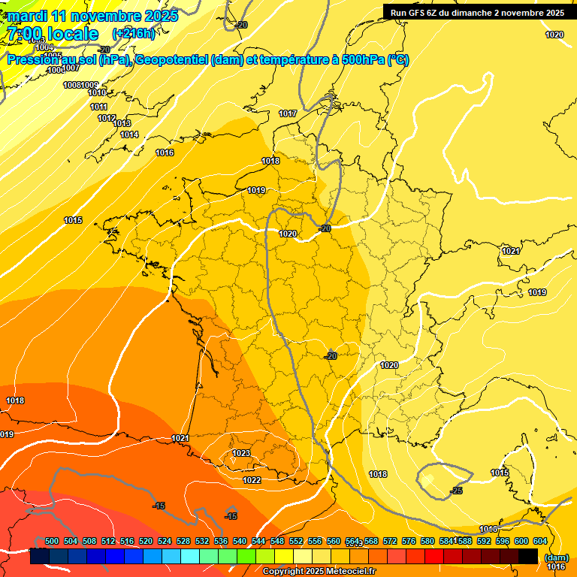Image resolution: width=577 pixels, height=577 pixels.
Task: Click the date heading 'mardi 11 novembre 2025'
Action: point(92,16)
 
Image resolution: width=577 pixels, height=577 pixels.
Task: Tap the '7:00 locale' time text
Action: point(52,34)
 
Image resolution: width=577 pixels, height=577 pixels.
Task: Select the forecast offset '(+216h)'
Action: point(133,34)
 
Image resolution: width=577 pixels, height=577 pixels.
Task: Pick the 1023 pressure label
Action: point(241,453)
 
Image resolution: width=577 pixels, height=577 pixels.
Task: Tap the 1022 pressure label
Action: point(252,480)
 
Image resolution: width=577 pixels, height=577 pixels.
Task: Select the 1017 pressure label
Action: point(288,113)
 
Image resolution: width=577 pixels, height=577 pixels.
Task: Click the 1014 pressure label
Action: point(129,134)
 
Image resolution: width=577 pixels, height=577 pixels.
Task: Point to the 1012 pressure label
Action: point(107,118)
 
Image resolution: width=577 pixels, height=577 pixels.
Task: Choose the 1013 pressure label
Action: point(122,123)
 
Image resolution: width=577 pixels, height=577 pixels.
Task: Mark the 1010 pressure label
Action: point(97,92)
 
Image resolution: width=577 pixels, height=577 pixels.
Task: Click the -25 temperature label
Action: point(456,491)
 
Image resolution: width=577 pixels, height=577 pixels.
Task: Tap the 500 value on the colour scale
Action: point(52,541)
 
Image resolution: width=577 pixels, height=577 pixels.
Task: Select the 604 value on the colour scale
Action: point(540,541)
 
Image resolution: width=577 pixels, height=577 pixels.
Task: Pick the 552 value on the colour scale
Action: point(296,541)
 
